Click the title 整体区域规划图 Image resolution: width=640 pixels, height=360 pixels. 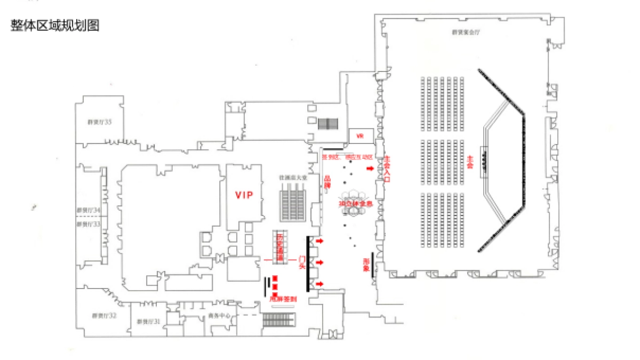pyautogui.click(x=55, y=26)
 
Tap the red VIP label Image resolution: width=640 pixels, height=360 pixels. pyautogui.click(x=244, y=195)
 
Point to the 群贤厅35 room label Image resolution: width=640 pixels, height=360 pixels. pyautogui.click(x=100, y=122)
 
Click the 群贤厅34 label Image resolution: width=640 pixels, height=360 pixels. pyautogui.click(x=89, y=211)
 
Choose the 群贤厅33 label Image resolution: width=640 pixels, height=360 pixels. pyautogui.click(x=89, y=225)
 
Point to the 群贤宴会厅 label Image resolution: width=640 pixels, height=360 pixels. pyautogui.click(x=466, y=32)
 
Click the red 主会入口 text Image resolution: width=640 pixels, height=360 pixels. pyautogui.click(x=387, y=170)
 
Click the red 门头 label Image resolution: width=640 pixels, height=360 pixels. pyautogui.click(x=302, y=262)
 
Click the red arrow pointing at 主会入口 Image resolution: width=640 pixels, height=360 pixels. pyautogui.click(x=370, y=169)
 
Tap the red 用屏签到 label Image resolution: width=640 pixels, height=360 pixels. pyautogui.click(x=283, y=300)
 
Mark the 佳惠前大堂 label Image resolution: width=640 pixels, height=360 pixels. pyautogui.click(x=293, y=177)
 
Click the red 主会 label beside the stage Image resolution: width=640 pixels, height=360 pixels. pyautogui.click(x=470, y=162)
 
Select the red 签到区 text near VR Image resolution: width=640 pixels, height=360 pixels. pyautogui.click(x=331, y=158)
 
